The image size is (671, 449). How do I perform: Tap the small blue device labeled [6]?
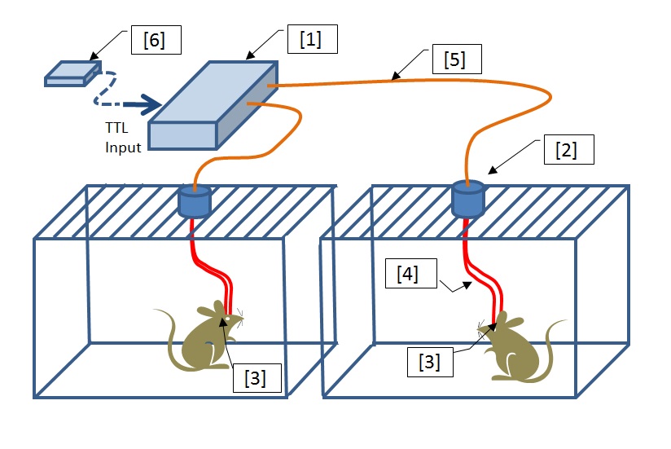(x=72, y=73)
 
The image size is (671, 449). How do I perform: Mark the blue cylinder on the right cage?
(x=468, y=197)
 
